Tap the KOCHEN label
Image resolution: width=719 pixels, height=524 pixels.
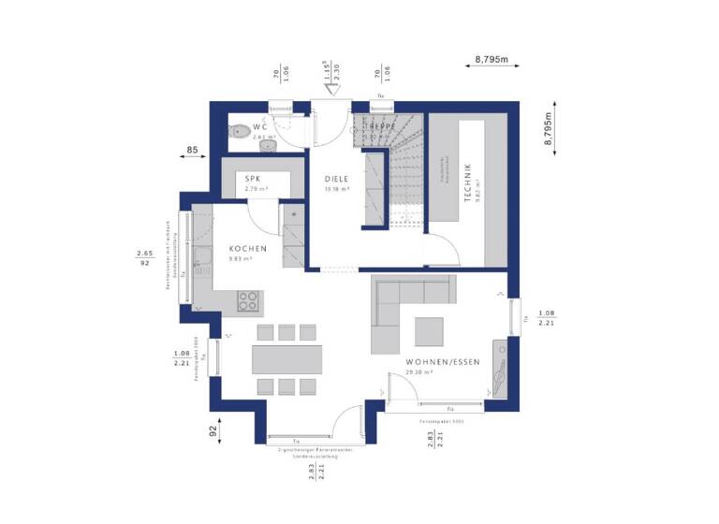pyautogui.click(x=248, y=249)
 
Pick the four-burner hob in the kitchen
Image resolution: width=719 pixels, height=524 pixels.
pyautogui.click(x=248, y=300)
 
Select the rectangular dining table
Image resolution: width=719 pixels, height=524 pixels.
pyautogui.click(x=286, y=359)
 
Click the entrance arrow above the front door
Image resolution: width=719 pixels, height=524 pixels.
pyautogui.click(x=329, y=92)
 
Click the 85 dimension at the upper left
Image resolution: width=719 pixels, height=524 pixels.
pyautogui.click(x=192, y=149)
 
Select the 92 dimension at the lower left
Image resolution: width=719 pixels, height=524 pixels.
pyautogui.click(x=213, y=431)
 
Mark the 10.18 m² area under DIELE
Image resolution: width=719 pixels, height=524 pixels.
pyautogui.click(x=336, y=189)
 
